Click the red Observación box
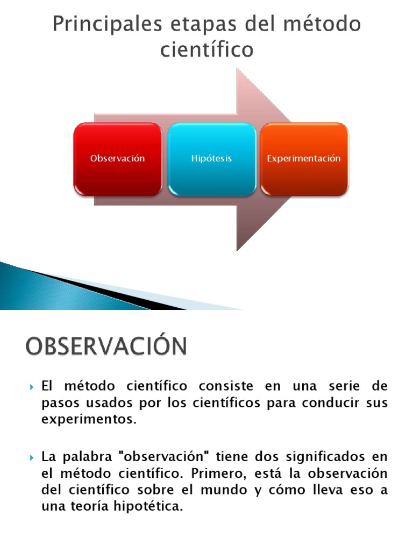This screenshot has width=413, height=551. tap(118, 159)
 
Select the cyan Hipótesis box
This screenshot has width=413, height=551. tap(211, 159)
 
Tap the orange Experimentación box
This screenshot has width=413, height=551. tap(304, 159)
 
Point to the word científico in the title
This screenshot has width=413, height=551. tap(206, 50)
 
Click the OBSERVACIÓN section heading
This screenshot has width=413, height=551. tap(106, 346)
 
